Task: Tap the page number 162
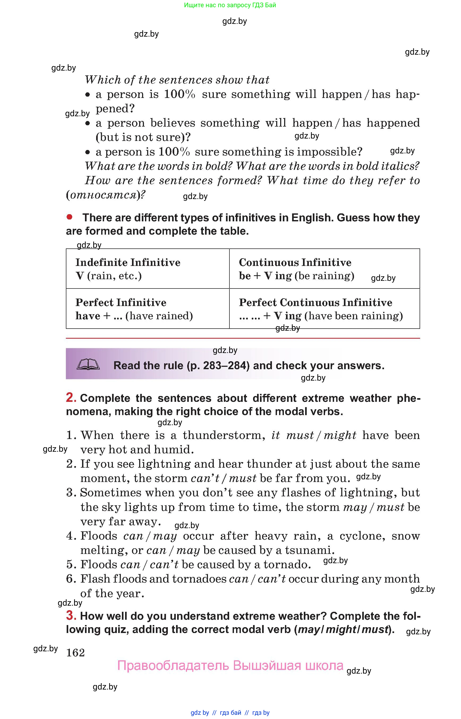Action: [75, 652]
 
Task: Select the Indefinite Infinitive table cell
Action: [148, 269]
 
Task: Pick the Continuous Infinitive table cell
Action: [324, 269]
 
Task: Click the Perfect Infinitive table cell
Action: [148, 308]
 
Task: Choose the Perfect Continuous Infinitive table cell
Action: [324, 308]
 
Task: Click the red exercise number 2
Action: [71, 397]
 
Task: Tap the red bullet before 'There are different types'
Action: [70, 217]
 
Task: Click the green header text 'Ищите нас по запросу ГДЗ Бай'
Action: [230, 5]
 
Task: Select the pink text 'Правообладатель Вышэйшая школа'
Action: [230, 665]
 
